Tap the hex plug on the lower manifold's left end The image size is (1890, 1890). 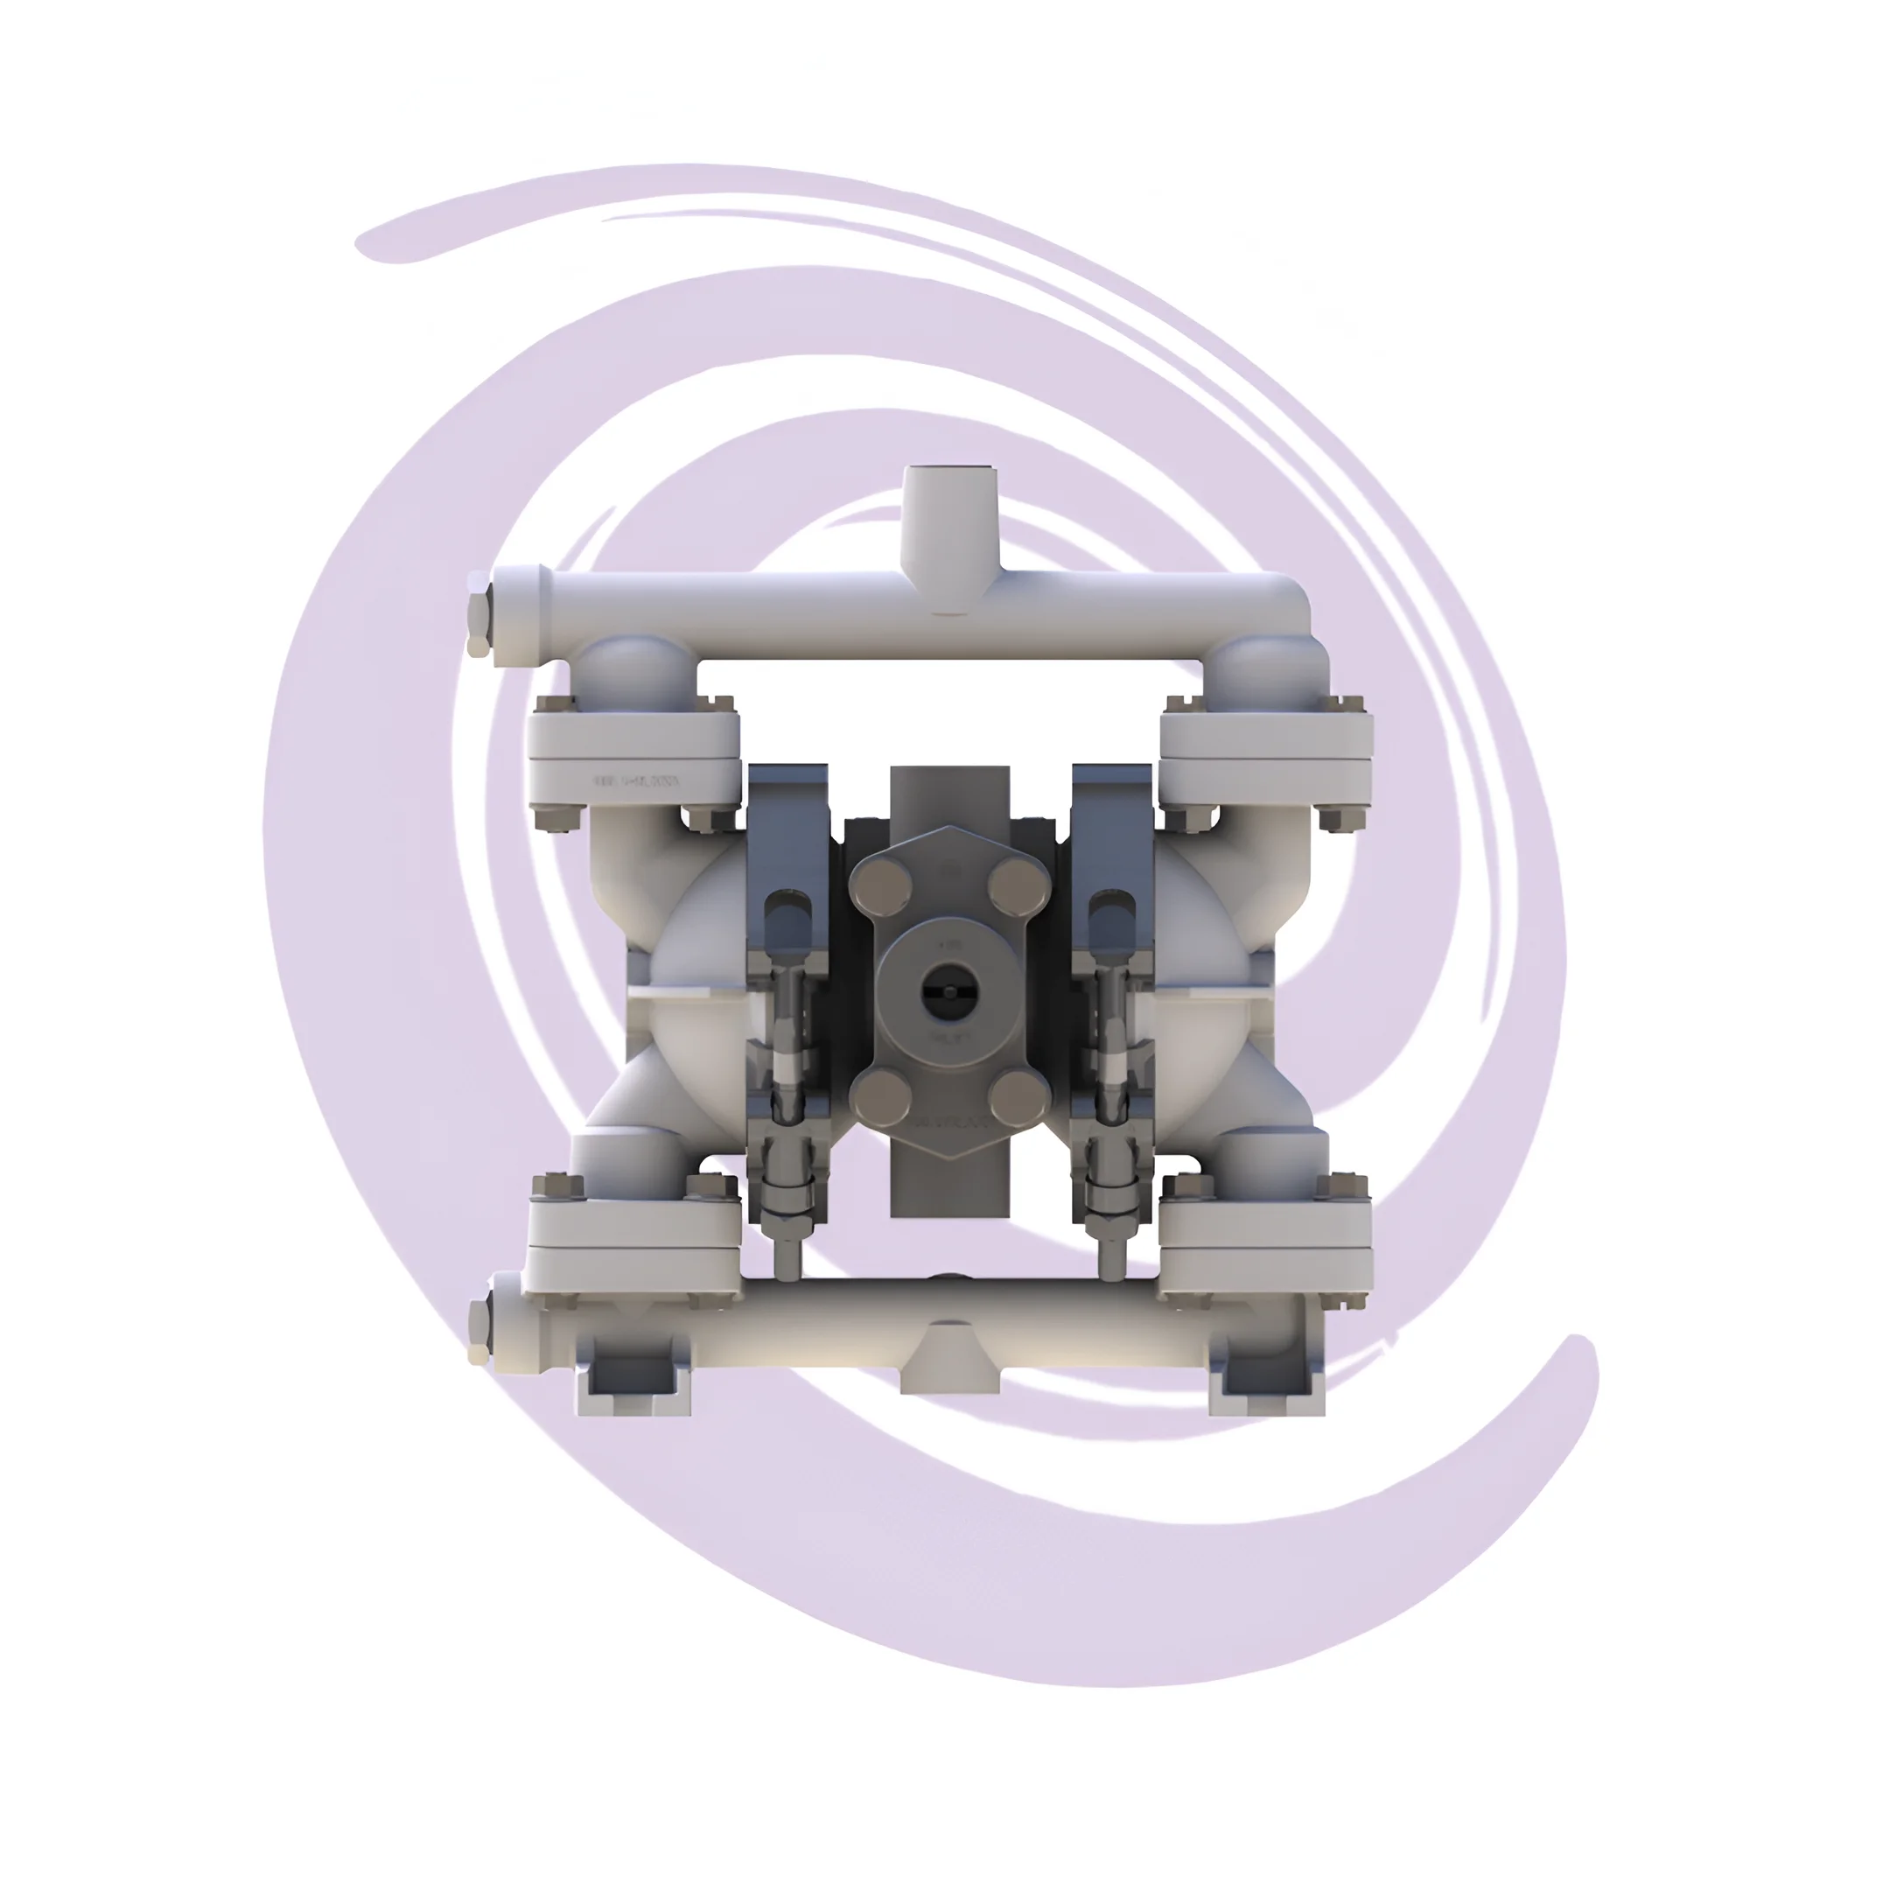(479, 1329)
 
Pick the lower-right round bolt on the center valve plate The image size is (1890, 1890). (1015, 1097)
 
